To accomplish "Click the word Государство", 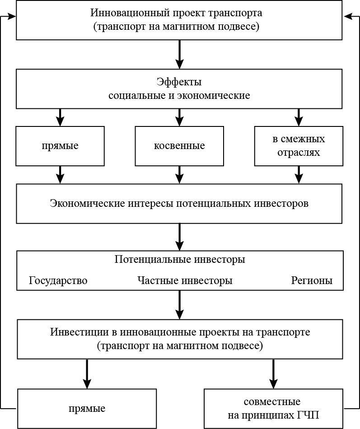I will tap(58, 280).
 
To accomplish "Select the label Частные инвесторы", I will tap(185, 280).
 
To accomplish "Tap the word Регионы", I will tap(312, 280).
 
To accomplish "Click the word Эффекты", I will tap(179, 82).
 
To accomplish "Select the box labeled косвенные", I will tap(179, 146).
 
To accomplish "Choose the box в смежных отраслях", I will tap(299, 145).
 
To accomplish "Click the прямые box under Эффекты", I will tap(60, 146).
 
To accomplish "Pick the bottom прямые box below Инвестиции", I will tap(87, 408).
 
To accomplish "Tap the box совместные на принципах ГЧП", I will tap(272, 408).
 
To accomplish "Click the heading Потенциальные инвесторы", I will tap(179, 260).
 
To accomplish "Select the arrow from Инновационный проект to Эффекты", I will tap(179, 54).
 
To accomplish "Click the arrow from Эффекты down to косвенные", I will tap(179, 117).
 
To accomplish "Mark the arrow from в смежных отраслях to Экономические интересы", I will tap(299, 174).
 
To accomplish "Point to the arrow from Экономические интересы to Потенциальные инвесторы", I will tap(179, 237).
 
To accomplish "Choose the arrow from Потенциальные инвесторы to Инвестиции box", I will tap(179, 305).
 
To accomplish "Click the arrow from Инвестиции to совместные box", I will tap(272, 373).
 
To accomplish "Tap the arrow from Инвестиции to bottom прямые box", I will tap(87, 373).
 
